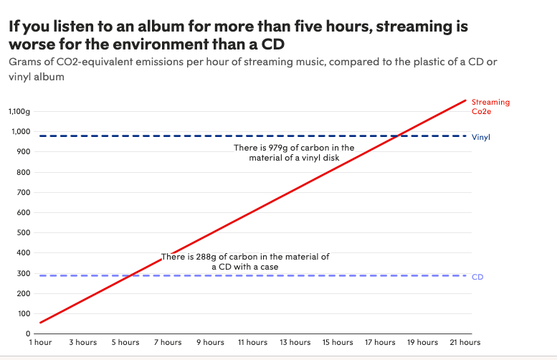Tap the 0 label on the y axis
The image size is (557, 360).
(x=28, y=334)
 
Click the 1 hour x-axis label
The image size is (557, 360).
(x=40, y=343)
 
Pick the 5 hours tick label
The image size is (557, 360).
(x=125, y=343)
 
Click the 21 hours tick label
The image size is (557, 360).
(x=465, y=343)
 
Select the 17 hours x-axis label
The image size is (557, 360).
(x=380, y=343)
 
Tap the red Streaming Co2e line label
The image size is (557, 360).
(x=490, y=107)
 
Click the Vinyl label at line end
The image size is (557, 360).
(x=481, y=136)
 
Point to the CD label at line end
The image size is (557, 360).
(x=477, y=277)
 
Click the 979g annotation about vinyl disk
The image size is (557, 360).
(x=294, y=153)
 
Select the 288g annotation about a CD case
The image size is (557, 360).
(x=245, y=261)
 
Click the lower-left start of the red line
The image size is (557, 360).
(x=40, y=323)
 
